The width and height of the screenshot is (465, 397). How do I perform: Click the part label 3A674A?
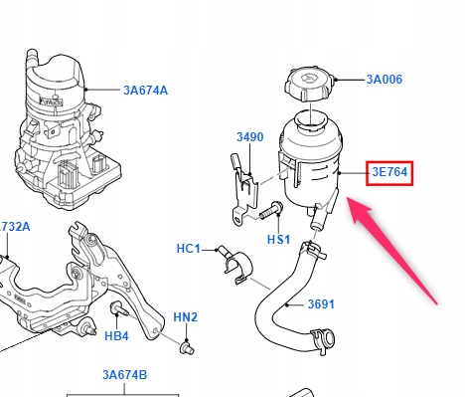tap(146, 91)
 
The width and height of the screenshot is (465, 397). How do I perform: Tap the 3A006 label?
tap(385, 80)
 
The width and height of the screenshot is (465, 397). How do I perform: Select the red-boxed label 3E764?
tap(389, 173)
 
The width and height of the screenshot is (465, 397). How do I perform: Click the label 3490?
tap(250, 137)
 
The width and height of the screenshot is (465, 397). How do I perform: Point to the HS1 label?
tap(278, 239)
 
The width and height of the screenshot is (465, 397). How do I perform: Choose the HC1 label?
tap(189, 249)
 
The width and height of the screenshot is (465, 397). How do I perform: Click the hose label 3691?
tap(321, 304)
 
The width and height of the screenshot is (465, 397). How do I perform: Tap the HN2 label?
tap(185, 317)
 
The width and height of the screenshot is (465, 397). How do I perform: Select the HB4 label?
tap(116, 336)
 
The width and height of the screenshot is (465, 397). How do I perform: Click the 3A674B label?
tap(124, 375)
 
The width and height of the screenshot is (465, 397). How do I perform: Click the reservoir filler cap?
tap(309, 85)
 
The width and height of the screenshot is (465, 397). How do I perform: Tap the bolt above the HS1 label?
tap(271, 210)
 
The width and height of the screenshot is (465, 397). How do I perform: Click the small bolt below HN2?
tap(187, 348)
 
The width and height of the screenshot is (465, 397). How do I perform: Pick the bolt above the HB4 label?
tap(118, 309)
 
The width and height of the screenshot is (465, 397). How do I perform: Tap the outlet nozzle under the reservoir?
tap(317, 219)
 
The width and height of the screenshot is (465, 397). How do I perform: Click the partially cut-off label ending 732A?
tap(15, 227)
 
